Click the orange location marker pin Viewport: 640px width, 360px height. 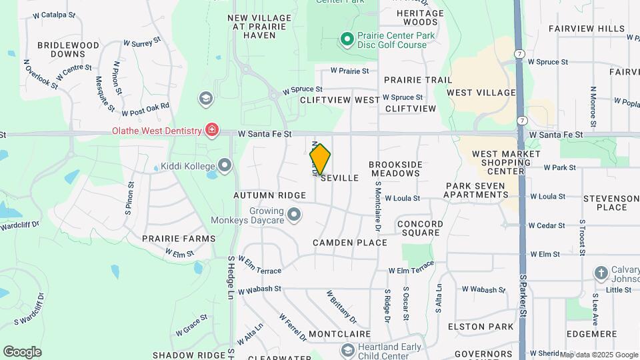[320, 159]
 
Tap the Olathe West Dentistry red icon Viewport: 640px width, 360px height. [212, 129]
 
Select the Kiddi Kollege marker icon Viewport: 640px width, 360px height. [225, 165]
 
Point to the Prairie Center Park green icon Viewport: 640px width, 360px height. [347, 39]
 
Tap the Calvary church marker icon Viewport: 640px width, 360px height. [601, 273]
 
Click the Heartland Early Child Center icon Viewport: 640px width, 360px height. [347, 350]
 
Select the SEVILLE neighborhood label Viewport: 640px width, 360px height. [339, 178]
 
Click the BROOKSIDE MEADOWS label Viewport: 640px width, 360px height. [395, 169]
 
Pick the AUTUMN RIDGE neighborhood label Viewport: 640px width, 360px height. [263, 196]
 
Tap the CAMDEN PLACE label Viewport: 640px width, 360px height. [350, 243]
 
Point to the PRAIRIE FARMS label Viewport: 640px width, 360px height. [178, 238]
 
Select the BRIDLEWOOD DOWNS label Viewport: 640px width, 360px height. [68, 49]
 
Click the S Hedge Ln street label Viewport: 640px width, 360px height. [231, 277]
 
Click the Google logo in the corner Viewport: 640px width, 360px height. [22, 351]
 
